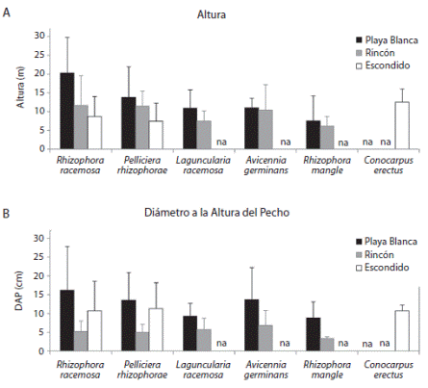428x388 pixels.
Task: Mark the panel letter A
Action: (9, 11)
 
